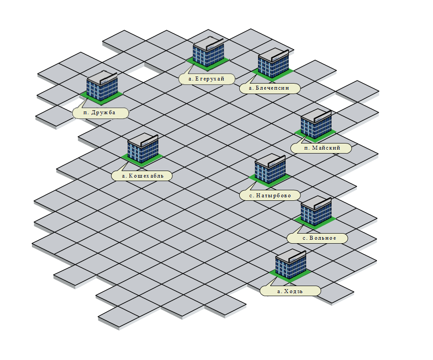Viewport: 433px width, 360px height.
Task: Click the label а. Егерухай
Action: (207, 79)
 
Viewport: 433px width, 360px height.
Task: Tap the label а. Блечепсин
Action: (270, 88)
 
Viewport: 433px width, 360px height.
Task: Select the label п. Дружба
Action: (101, 113)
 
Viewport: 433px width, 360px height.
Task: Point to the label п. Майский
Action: (321, 148)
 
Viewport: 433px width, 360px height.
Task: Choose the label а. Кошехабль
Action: (141, 176)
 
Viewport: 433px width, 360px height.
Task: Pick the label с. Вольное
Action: (317, 238)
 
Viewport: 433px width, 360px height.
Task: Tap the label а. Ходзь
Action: (290, 291)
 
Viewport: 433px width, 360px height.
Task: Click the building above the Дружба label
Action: (102, 86)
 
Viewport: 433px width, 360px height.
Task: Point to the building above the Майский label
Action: (316, 123)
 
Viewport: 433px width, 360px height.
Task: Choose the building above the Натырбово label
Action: (270, 168)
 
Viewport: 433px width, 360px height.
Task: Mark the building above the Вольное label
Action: (316, 210)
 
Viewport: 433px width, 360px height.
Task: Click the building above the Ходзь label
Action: (290, 264)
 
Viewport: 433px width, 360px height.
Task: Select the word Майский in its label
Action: (326, 148)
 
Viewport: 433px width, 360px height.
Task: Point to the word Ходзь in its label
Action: (293, 291)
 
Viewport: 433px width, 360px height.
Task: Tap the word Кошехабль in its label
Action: (146, 176)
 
